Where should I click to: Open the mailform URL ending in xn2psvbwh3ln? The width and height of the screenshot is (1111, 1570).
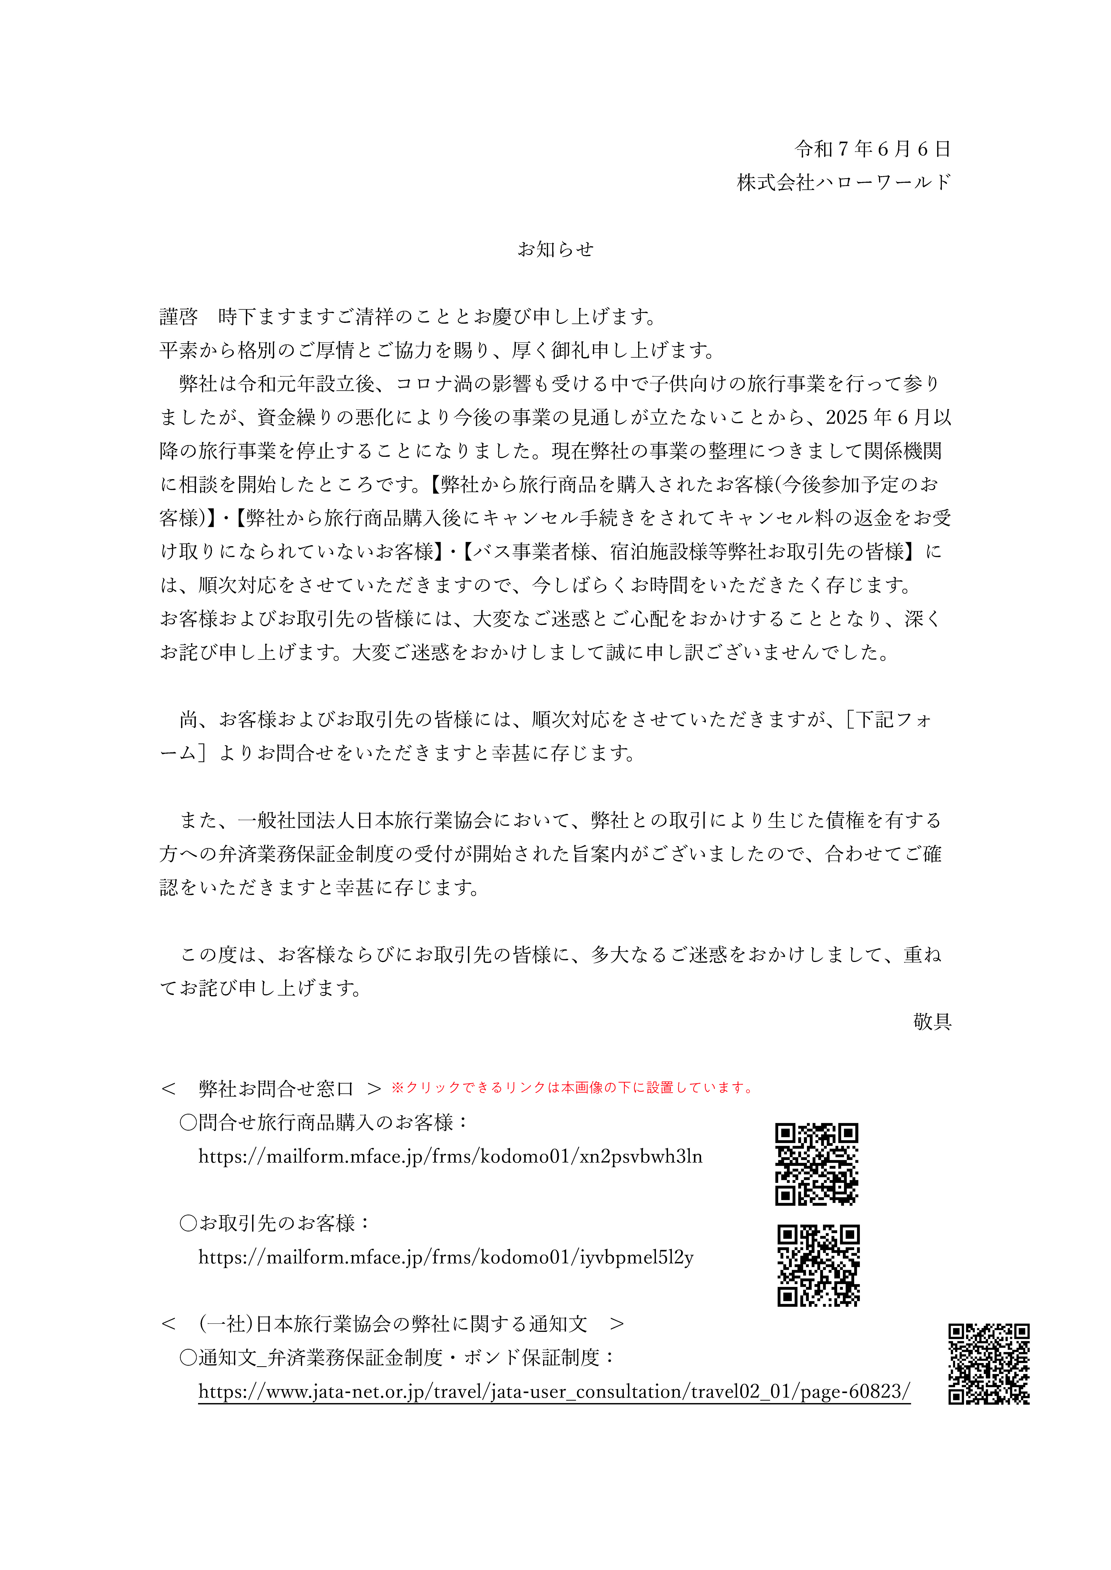pos(450,1156)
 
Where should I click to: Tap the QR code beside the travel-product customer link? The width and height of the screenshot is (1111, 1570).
pos(816,1164)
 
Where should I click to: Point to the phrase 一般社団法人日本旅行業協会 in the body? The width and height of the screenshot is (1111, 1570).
pos(365,820)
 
